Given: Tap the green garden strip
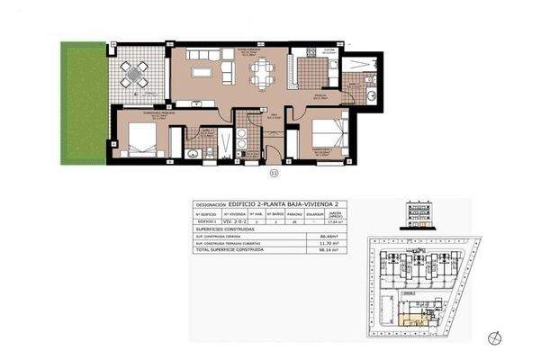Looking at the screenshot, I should point(83,103).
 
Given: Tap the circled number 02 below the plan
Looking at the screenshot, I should point(274,172).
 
